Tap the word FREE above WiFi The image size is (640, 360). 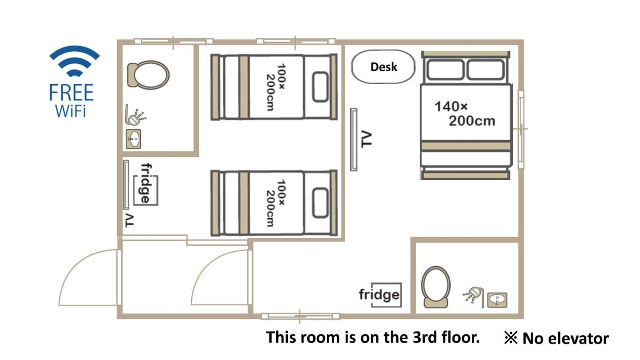tap(71, 92)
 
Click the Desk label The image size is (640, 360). tap(384, 67)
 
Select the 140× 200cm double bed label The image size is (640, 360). tap(465, 114)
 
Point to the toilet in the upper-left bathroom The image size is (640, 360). tap(148, 75)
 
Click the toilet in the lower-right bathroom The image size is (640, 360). tap(436, 287)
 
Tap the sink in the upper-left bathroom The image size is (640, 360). tap(133, 139)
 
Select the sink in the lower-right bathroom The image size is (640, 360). tap(497, 300)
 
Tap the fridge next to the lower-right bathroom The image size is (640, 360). tap(380, 295)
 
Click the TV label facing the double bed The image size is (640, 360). tap(366, 139)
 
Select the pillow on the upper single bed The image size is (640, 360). tap(320, 87)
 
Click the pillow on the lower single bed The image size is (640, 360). tap(320, 203)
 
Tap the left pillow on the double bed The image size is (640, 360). tap(445, 69)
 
